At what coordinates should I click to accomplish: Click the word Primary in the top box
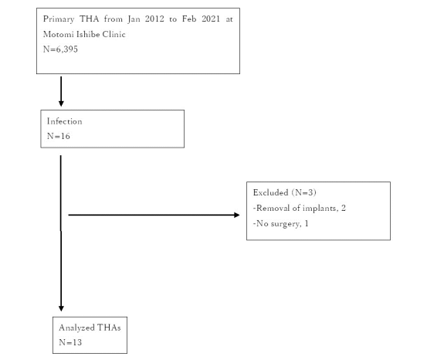pyautogui.click(x=59, y=19)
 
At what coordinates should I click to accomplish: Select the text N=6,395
pyautogui.click(x=60, y=49)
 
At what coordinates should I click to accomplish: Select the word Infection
pyautogui.click(x=65, y=121)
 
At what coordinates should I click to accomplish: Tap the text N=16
pyautogui.click(x=59, y=137)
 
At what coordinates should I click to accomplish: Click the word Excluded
pyautogui.click(x=270, y=193)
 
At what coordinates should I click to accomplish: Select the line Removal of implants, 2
pyautogui.click(x=300, y=209)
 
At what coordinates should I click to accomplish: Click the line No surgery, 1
pyautogui.click(x=280, y=224)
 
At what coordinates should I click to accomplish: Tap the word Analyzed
pyautogui.click(x=76, y=328)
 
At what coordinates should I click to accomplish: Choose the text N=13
pyautogui.click(x=70, y=342)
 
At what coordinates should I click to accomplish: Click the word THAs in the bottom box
pyautogui.click(x=109, y=328)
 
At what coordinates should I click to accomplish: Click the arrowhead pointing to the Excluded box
pyautogui.click(x=237, y=215)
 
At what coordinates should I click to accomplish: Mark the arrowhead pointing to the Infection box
pyautogui.click(x=61, y=104)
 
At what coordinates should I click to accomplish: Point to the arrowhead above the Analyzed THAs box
pyautogui.click(x=61, y=308)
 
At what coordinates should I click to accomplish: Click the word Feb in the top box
pyautogui.click(x=189, y=19)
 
